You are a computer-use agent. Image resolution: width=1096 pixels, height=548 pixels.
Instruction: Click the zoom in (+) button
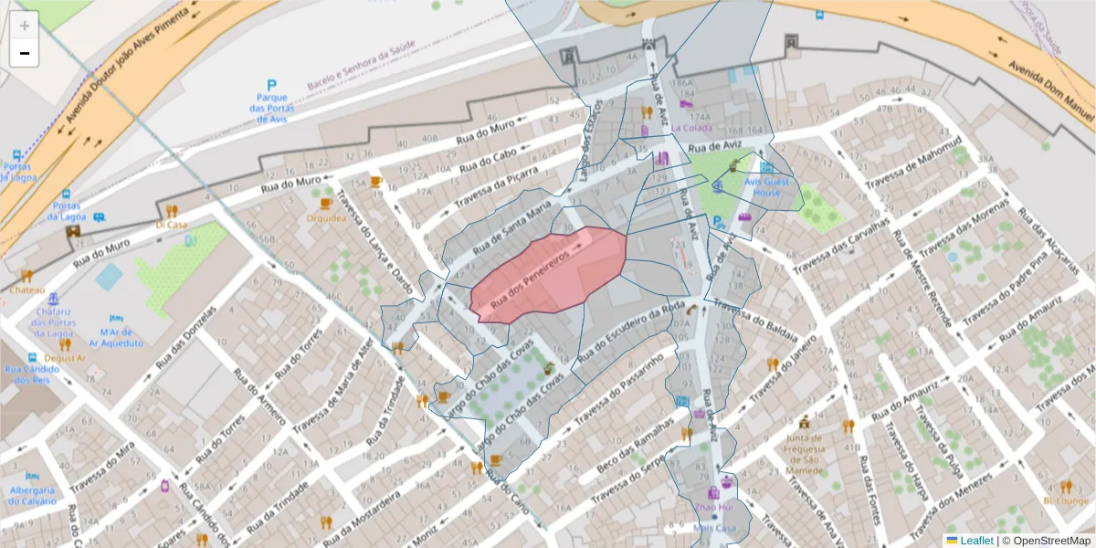click(x=25, y=26)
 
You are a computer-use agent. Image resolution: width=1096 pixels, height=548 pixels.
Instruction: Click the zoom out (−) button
click(x=25, y=53)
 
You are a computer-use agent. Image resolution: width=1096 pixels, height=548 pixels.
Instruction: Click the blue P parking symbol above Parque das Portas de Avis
click(x=271, y=85)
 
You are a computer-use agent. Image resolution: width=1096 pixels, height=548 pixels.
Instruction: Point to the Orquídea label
click(x=326, y=218)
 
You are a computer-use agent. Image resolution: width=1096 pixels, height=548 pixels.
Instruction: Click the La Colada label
click(x=690, y=129)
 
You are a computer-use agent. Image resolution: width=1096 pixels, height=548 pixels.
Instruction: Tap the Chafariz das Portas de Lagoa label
click(x=53, y=321)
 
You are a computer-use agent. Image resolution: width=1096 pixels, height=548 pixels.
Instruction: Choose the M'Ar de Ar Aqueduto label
click(x=121, y=338)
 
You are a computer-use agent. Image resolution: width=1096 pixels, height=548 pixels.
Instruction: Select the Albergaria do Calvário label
click(x=33, y=495)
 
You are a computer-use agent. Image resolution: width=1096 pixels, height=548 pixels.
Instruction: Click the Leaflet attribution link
click(x=976, y=540)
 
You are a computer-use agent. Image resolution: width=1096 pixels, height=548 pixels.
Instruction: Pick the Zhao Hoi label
click(x=713, y=507)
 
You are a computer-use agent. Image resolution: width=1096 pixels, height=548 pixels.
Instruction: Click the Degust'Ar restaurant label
click(x=65, y=358)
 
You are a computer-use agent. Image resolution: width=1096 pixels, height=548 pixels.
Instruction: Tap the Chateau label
click(x=26, y=290)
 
